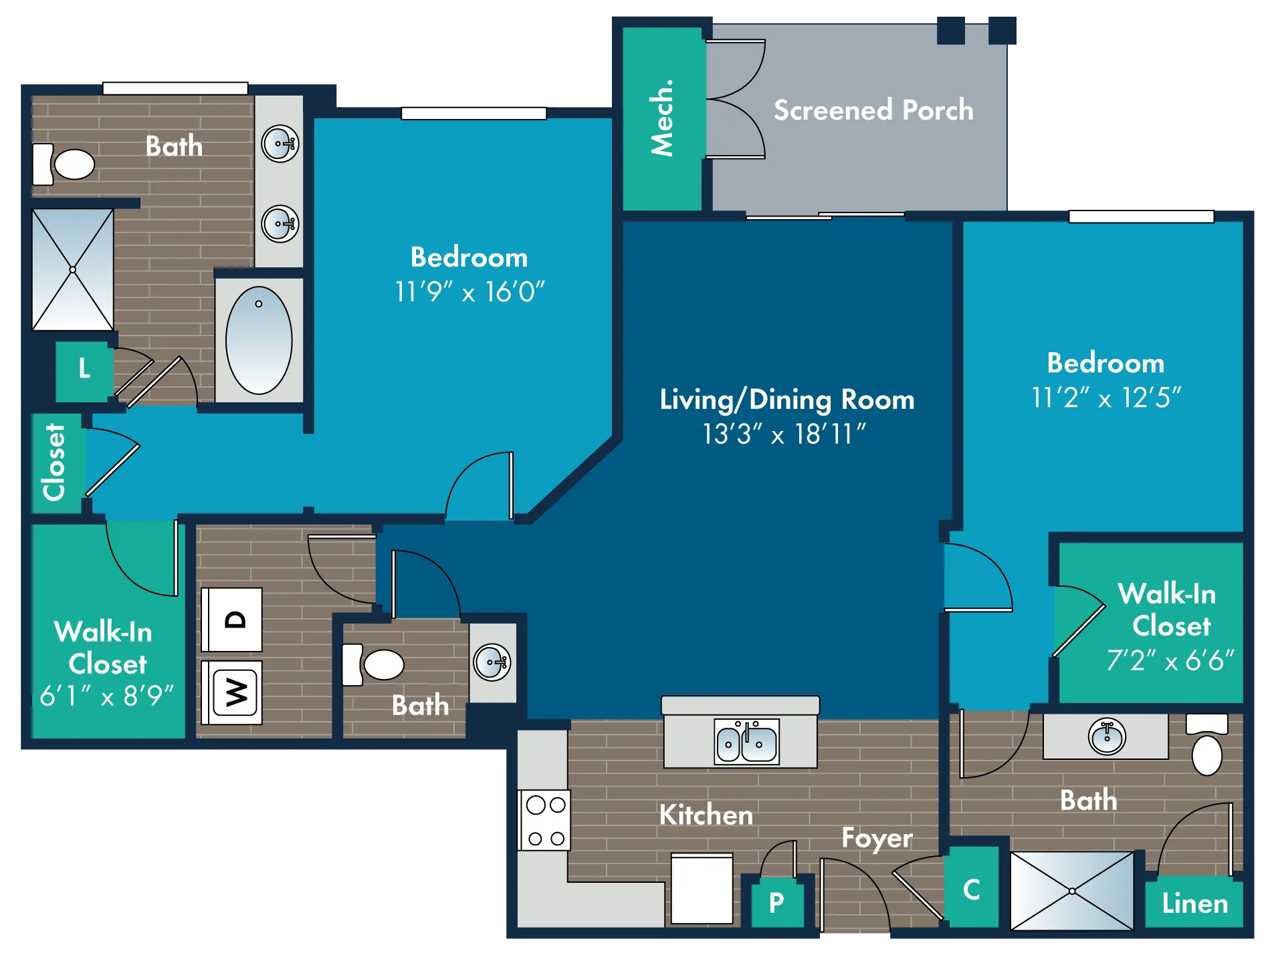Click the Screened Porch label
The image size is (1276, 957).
[x=873, y=110]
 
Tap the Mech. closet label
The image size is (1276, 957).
[x=662, y=118]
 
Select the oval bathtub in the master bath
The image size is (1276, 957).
[x=259, y=340]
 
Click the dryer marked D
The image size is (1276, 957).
[x=232, y=620]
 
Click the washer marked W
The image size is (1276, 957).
[x=232, y=692]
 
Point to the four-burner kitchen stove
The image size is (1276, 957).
[x=545, y=821]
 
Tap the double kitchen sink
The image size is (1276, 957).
[x=746, y=740]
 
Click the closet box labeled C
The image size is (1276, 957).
[x=972, y=888]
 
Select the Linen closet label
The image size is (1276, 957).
[x=1195, y=904]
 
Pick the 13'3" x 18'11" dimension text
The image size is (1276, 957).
[x=784, y=434]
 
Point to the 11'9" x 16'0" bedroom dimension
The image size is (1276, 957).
[x=469, y=292]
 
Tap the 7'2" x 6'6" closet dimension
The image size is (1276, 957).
[x=1170, y=660]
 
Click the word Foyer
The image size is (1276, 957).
[x=877, y=839]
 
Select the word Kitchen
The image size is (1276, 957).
[x=706, y=815]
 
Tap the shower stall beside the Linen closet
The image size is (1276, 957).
[x=1072, y=891]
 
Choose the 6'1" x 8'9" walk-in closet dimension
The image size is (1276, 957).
[x=106, y=696]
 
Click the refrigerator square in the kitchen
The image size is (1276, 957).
[x=702, y=888]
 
